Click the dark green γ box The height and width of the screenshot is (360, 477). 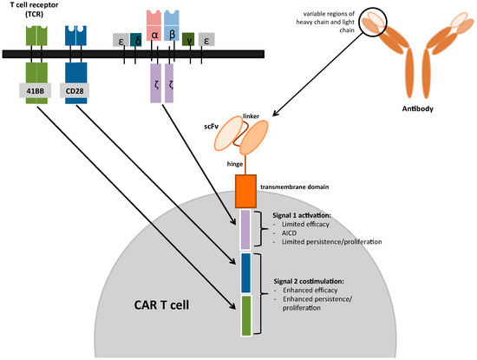[x=188, y=39]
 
